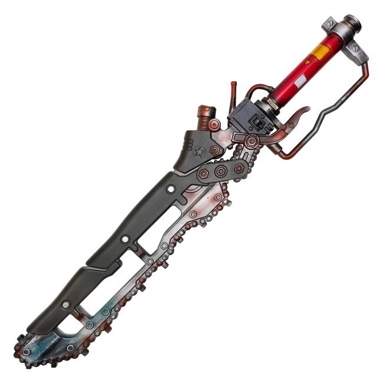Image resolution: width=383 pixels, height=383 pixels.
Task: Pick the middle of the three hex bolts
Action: pos(222,171)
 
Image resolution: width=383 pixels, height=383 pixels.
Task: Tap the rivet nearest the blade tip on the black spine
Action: pos(66,305)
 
